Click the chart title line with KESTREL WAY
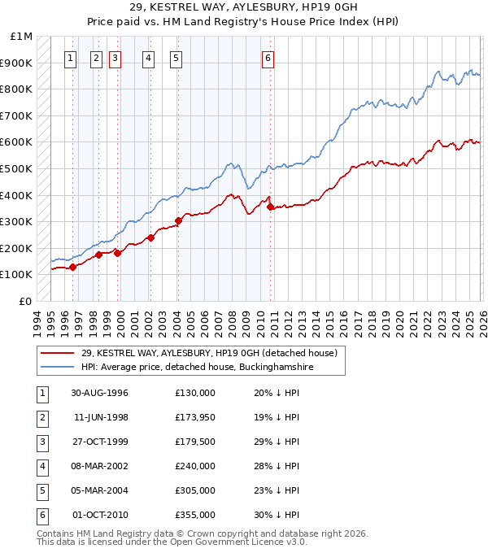pos(244,7)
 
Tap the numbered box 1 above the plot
pos(71,58)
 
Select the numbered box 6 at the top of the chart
pos(268,58)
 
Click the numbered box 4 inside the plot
pos(148,58)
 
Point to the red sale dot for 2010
pos(270,207)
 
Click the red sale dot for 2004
pos(178,220)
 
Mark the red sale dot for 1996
pos(73,266)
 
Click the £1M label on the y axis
pos(22,37)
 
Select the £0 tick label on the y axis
pos(25,301)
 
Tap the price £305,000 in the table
pos(195,490)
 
